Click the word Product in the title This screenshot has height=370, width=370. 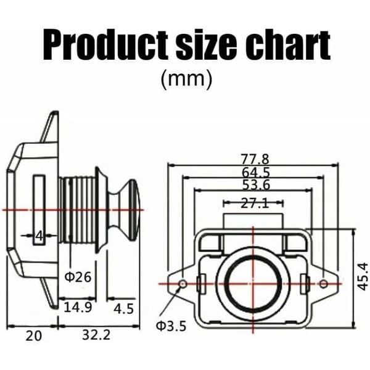click(x=105, y=45)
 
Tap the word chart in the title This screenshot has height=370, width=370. click(x=288, y=45)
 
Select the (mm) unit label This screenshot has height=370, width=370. click(x=186, y=80)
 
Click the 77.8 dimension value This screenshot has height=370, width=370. click(x=255, y=159)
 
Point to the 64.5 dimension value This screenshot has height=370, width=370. click(x=256, y=172)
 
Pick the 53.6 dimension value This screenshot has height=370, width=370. click(x=257, y=184)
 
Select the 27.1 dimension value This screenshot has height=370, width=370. click(x=255, y=203)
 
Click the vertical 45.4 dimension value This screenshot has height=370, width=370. click(x=362, y=276)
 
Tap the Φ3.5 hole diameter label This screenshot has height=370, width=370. click(x=171, y=326)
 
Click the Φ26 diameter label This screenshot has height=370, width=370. click(x=78, y=277)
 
